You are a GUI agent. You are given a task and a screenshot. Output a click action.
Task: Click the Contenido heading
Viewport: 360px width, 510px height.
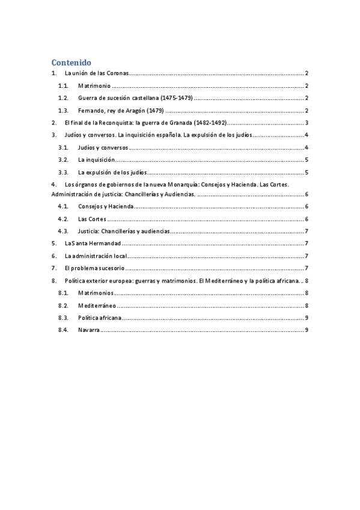(71, 62)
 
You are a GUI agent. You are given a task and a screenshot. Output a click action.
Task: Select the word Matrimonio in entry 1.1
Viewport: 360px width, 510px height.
(94, 86)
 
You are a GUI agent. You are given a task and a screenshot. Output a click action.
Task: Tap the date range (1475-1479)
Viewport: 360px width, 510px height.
(176, 98)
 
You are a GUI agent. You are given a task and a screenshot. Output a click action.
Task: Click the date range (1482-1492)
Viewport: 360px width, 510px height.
(210, 123)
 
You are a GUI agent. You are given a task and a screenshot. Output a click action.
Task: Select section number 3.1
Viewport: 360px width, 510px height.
(63, 147)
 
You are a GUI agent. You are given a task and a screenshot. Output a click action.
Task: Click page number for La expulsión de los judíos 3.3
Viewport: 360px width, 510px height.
(307, 173)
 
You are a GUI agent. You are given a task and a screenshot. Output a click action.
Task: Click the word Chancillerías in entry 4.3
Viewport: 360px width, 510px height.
(121, 231)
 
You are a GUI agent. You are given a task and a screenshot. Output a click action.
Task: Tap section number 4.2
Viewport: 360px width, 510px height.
(63, 219)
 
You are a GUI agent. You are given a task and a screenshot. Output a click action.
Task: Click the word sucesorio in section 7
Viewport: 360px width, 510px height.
(108, 268)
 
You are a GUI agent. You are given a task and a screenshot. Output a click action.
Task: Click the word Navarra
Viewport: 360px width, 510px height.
(88, 330)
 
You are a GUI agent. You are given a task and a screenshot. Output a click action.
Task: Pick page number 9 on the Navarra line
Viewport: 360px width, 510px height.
(307, 330)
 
